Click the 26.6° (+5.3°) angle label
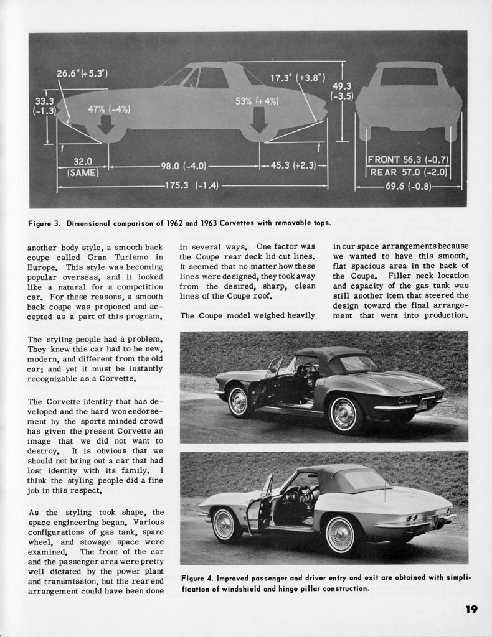[82, 73]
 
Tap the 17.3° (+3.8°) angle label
[298, 78]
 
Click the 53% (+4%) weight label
[256, 101]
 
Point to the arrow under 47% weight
[106, 125]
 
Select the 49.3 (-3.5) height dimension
[342, 91]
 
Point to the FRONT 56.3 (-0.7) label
[408, 160]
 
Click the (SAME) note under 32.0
[83, 172]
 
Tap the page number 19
[471, 609]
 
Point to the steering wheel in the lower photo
[305, 495]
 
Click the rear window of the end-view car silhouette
[409, 77]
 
